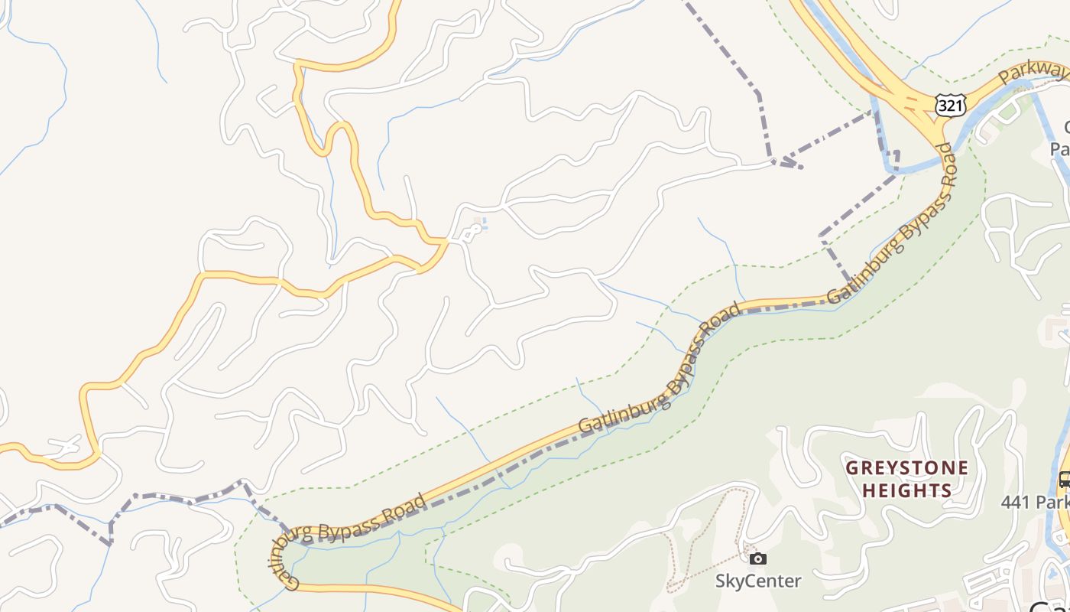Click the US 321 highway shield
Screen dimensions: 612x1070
pos(950,106)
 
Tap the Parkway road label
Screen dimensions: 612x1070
pos(1032,74)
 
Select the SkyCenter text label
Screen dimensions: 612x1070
pos(757,581)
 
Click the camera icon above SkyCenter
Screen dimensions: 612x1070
pos(757,558)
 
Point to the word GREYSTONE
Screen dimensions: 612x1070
pos(906,467)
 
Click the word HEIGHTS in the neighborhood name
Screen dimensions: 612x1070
pos(906,490)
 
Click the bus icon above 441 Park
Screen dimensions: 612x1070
pos(1064,480)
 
